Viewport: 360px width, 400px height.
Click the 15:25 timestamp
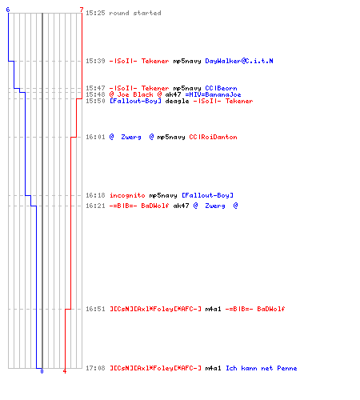tap(95, 13)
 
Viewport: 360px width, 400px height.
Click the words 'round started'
tap(135, 13)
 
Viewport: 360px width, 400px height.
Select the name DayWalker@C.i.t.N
tap(239, 61)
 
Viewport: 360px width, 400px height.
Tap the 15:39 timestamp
tap(95, 61)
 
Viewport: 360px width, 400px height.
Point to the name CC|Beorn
tap(221, 88)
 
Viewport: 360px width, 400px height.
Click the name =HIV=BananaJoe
tap(213, 94)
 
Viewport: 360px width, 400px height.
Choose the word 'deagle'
tap(177, 102)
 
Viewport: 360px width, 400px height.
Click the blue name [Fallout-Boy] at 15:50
tap(135, 101)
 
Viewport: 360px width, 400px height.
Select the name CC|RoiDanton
tap(213, 137)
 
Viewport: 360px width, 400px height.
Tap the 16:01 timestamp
tap(95, 137)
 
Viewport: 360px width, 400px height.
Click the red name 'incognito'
tap(127, 195)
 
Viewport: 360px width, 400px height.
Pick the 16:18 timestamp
tap(95, 195)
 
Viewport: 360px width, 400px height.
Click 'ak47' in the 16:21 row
tap(181, 206)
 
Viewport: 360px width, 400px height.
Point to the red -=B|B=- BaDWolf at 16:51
tap(255, 309)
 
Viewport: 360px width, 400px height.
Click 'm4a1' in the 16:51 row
tap(213, 309)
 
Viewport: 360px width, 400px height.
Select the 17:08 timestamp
tap(95, 368)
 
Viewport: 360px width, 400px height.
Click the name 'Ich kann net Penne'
tap(262, 368)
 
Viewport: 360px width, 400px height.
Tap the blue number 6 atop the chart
tap(8, 10)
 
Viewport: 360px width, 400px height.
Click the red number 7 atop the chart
tap(82, 10)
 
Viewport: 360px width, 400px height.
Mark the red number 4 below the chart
tap(65, 371)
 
